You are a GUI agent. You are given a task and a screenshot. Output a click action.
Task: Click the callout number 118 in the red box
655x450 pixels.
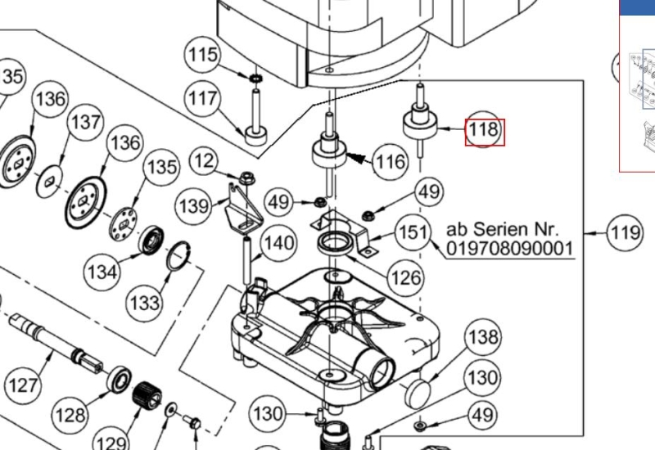(x=483, y=131)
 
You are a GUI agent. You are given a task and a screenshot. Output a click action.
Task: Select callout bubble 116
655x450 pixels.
(x=390, y=162)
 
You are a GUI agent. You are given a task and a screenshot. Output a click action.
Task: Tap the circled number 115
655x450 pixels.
(x=202, y=55)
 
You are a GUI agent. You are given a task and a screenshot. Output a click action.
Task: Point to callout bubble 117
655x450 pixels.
(x=202, y=99)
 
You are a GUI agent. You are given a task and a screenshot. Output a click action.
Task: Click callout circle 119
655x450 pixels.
(x=625, y=233)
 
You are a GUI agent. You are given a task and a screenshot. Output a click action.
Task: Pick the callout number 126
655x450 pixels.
(x=406, y=277)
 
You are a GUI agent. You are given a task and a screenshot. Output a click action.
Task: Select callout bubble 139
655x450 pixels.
(x=194, y=205)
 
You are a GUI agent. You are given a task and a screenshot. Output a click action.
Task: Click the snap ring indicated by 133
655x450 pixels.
(x=180, y=255)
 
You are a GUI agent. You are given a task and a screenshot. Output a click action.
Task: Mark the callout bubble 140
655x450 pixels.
(x=278, y=243)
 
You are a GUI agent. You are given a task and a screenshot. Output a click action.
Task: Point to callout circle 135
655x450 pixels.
(x=161, y=168)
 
